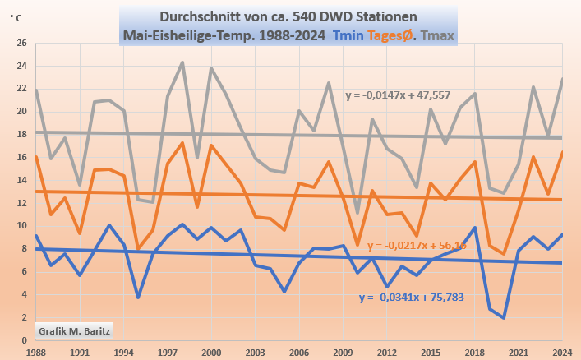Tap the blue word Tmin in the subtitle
(355, 35)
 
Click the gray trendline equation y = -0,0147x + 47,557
(402, 95)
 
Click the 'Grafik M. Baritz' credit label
(74, 330)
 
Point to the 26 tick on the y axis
(22, 43)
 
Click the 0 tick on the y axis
(25, 339)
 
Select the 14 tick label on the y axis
(22, 180)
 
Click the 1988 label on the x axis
(35, 351)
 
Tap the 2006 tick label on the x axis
(300, 351)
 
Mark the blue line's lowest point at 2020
(503, 318)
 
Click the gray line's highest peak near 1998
(182, 62)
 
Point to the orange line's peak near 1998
(182, 143)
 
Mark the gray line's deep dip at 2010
(357, 213)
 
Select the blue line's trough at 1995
(138, 297)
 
